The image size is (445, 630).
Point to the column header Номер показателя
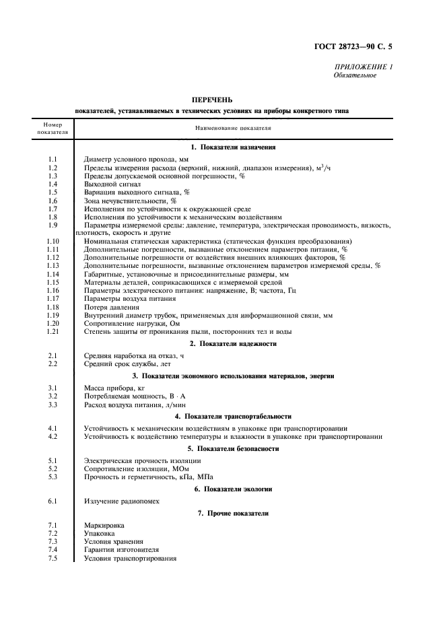click(52, 129)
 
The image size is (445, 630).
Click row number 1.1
click(53, 159)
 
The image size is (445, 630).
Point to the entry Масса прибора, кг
click(114, 388)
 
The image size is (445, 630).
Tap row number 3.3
click(53, 405)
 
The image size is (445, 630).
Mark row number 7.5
click(53, 559)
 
